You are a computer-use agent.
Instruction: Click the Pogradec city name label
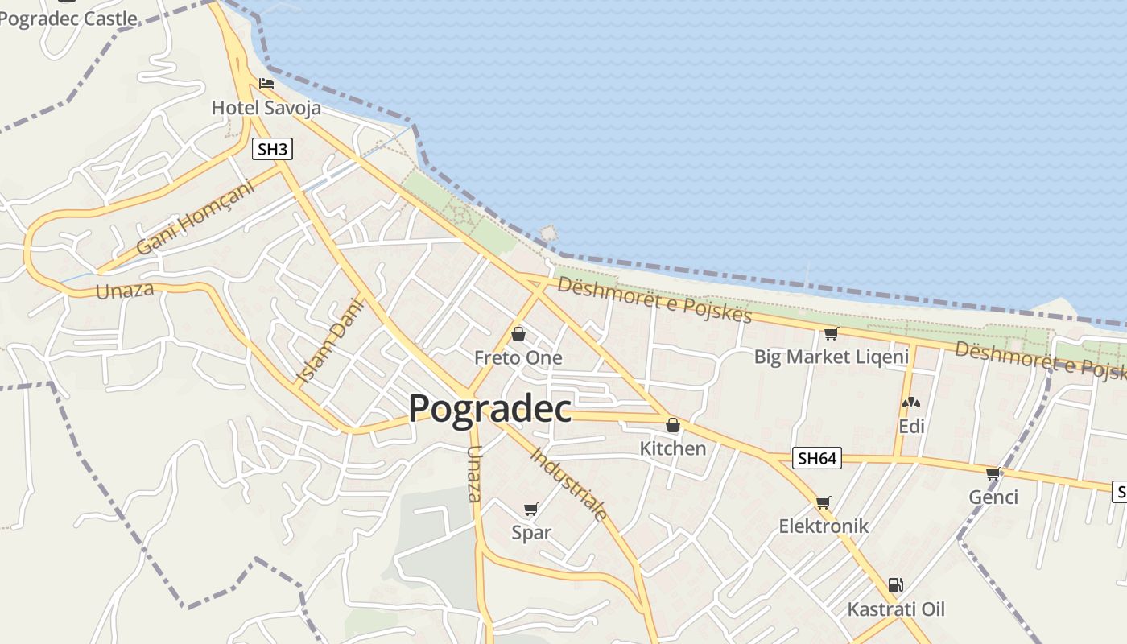[489, 408]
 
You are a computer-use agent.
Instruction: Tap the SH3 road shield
[271, 149]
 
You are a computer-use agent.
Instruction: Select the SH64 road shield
[817, 459]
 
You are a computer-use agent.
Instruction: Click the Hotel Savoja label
[266, 108]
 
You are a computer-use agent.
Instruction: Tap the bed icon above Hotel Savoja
[266, 84]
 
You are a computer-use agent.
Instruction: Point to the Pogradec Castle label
[68, 19]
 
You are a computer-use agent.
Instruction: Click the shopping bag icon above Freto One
[518, 333]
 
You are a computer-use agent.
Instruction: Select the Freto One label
[518, 357]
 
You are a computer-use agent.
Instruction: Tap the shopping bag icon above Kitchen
[673, 425]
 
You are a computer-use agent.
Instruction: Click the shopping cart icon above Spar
[530, 509]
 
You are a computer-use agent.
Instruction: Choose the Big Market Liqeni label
[831, 357]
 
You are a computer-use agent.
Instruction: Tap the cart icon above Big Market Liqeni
[831, 333]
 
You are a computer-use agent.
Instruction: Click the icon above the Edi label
[911, 402]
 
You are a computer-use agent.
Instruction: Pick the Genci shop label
[993, 497]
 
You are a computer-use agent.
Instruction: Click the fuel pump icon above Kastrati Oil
[895, 585]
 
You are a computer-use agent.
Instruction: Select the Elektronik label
[824, 526]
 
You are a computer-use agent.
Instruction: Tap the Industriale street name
[568, 483]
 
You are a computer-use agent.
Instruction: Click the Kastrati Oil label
[896, 609]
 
